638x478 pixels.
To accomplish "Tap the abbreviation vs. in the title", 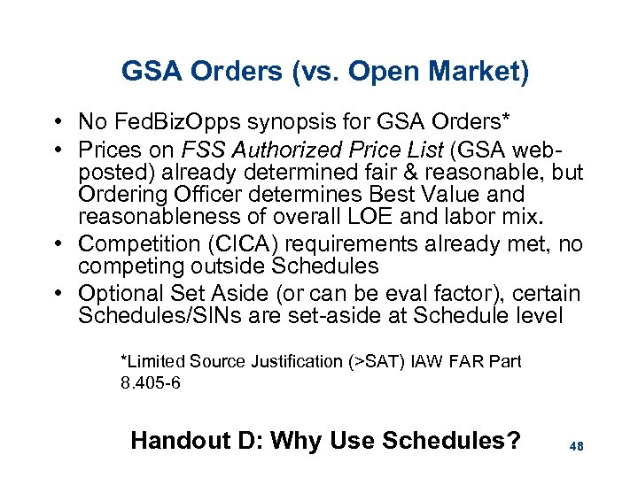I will (x=315, y=71).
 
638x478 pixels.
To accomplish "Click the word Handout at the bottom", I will (x=175, y=441).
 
